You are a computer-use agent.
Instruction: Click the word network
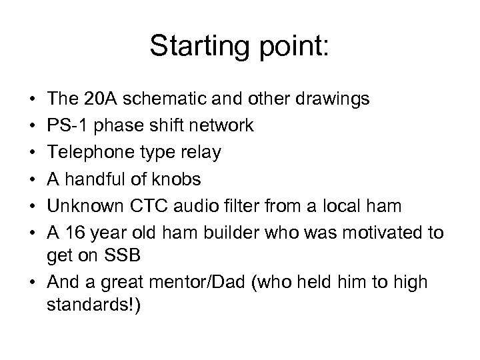point(222,126)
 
